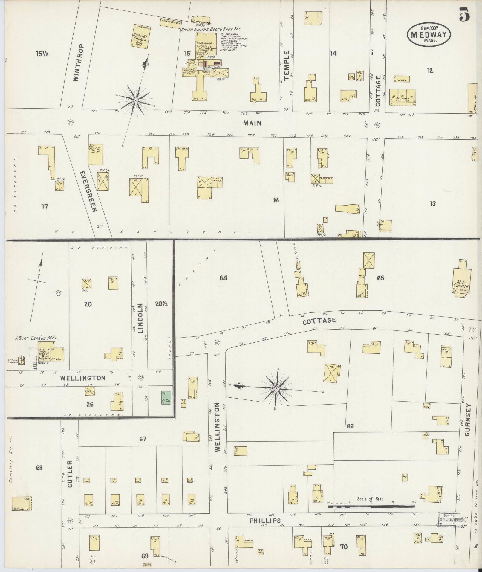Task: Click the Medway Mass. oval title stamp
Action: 429,34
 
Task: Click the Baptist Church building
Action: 141,36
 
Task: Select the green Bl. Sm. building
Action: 166,398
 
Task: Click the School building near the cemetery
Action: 22,504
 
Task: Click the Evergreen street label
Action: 89,191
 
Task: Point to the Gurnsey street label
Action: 468,420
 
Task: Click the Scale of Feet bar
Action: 371,506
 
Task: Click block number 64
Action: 223,278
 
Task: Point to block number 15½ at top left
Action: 42,54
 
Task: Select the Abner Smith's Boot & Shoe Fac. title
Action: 213,29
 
